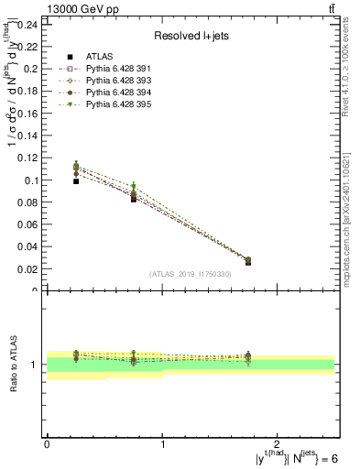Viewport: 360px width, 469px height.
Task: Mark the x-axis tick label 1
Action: tap(162, 444)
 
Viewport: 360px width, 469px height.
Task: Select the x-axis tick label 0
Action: tap(47, 444)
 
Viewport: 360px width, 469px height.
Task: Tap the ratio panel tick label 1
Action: tap(35, 365)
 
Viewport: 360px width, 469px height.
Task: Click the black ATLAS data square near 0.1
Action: tap(76, 181)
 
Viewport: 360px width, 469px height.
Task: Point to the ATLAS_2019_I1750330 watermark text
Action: tap(190, 274)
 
